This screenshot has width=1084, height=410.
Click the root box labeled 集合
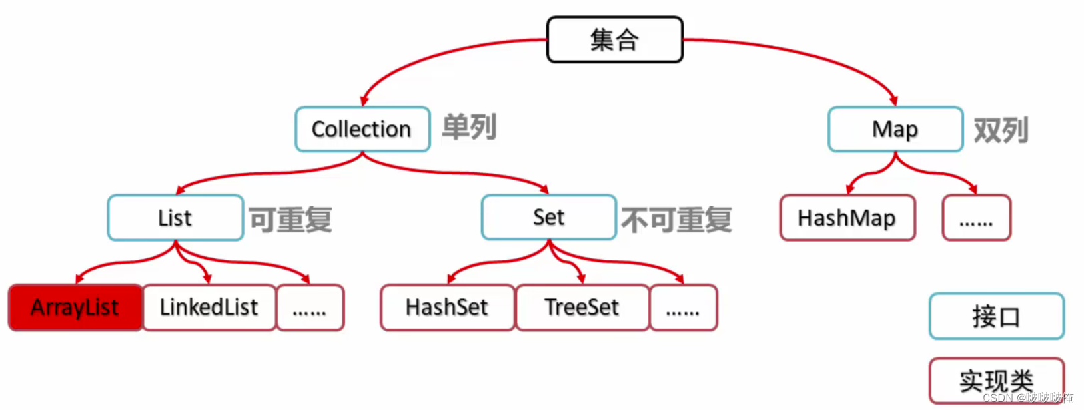click(x=614, y=40)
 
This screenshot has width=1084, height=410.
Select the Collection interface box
click(x=362, y=129)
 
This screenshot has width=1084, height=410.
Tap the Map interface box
click(x=895, y=129)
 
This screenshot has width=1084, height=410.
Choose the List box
click(x=175, y=218)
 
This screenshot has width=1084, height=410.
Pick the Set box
click(x=548, y=217)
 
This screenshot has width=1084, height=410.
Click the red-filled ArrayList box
click(x=75, y=308)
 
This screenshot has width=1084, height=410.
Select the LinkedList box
click(x=209, y=308)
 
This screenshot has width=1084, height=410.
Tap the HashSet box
click(x=447, y=308)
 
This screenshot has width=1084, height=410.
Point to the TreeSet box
click(x=582, y=308)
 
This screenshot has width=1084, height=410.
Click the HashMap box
click(x=847, y=218)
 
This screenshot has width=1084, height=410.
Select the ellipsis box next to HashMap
click(x=976, y=218)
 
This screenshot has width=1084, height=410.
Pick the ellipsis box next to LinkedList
click(x=310, y=308)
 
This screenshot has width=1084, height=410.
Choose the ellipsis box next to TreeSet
click(x=683, y=308)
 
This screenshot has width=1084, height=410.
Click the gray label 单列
click(x=469, y=127)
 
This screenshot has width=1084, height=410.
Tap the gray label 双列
click(x=1001, y=130)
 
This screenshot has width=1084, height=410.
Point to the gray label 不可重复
click(x=676, y=220)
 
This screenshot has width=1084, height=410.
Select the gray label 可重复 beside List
click(x=291, y=220)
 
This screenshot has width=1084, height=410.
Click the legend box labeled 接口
click(x=996, y=316)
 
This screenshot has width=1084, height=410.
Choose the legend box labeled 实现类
click(x=996, y=381)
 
